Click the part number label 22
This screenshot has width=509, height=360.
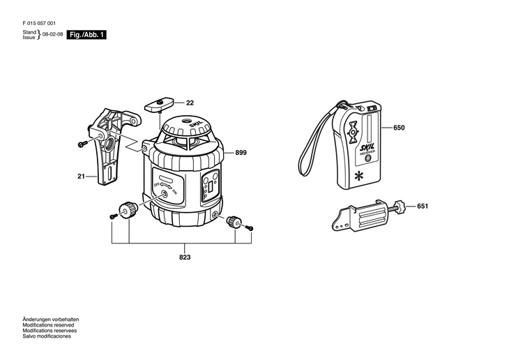190,103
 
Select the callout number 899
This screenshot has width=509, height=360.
241,153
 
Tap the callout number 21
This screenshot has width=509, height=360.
81,177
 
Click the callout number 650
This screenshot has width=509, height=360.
399,128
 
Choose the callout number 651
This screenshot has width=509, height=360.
423,207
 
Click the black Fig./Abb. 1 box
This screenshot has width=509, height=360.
87,34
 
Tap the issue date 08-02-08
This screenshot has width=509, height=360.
53,34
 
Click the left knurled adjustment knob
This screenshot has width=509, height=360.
128,209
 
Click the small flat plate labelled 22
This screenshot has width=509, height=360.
160,105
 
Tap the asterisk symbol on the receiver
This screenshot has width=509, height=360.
359,174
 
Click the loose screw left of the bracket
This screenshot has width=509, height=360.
82,144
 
